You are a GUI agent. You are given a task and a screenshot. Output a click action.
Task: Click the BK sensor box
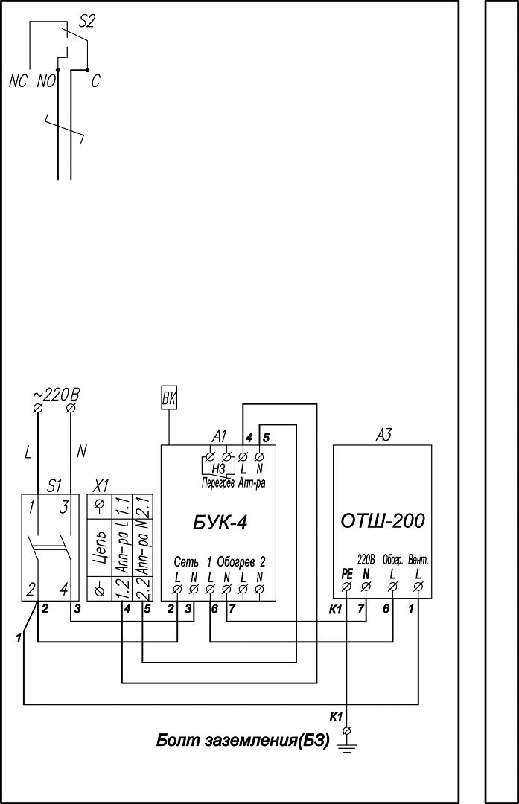[x=169, y=398]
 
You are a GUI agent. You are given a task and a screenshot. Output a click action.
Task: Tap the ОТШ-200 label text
[x=383, y=521]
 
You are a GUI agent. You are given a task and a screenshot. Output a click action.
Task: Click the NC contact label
[x=18, y=82]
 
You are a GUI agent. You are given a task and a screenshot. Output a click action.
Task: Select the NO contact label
[x=46, y=82]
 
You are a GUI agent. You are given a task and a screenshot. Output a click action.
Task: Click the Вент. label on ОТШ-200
[x=418, y=561]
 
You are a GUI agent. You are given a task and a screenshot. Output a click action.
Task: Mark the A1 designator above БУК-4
[x=219, y=437]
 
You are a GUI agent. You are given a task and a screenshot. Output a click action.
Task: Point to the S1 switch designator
[x=54, y=485]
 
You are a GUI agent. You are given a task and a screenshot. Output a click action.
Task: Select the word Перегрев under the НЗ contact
[x=217, y=483]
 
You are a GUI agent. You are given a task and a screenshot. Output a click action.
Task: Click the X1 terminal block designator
[x=103, y=485]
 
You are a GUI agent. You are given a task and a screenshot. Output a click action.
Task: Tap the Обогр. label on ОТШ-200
[x=393, y=561]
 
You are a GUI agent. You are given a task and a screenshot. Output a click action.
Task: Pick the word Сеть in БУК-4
[x=183, y=562]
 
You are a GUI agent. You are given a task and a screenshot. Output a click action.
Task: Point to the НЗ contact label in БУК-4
[x=218, y=468]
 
